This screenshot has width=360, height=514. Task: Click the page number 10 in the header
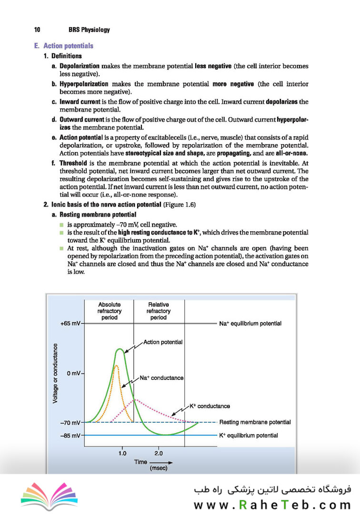[37, 30]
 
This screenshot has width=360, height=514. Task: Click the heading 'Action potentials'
[68, 46]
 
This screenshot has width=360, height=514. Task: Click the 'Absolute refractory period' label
[109, 311]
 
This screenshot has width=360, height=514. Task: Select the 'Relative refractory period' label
[159, 311]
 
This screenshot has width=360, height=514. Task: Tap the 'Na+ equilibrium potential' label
[250, 324]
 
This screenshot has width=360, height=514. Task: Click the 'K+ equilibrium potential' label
[248, 435]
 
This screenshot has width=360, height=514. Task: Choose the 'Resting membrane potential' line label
[255, 422]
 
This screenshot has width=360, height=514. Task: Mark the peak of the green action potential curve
[120, 350]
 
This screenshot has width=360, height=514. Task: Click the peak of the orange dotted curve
[116, 366]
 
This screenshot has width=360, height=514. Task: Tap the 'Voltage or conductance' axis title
[56, 373]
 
